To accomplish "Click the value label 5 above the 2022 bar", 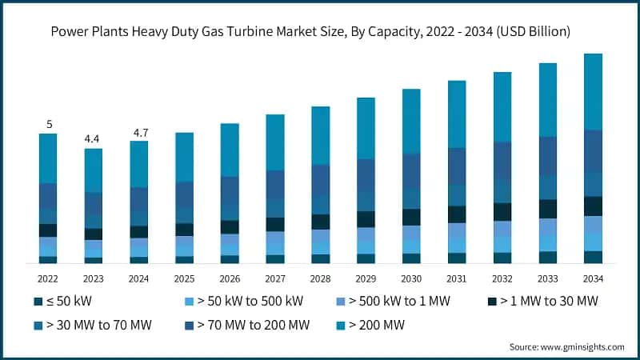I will pyautogui.click(x=49, y=124).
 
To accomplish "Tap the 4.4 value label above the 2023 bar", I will pyautogui.click(x=94, y=139).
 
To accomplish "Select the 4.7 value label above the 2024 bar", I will pyautogui.click(x=139, y=132).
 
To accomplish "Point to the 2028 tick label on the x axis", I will pyautogui.click(x=321, y=278).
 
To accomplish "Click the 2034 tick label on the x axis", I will pyautogui.click(x=593, y=278).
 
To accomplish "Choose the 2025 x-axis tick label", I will pyautogui.click(x=185, y=278).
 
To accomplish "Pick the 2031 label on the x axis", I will pyautogui.click(x=457, y=278).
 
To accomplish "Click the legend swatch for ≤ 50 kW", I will pyautogui.click(x=38, y=302).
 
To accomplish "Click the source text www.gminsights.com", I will pyautogui.click(x=583, y=346).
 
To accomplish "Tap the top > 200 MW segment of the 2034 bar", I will pyautogui.click(x=593, y=91).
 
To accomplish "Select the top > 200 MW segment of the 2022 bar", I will pyautogui.click(x=49, y=158).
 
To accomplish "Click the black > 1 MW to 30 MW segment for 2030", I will pyautogui.click(x=411, y=217).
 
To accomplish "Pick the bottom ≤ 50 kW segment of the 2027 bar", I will pyautogui.click(x=275, y=258).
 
